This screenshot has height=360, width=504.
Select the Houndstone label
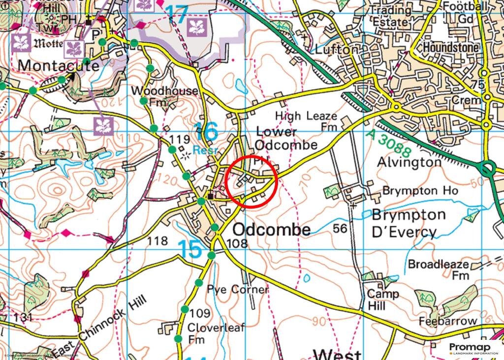click(x=451, y=48)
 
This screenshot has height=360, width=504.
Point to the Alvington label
click(x=409, y=162)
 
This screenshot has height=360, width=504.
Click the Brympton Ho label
click(x=420, y=190)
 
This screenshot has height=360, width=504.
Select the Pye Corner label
click(x=237, y=289)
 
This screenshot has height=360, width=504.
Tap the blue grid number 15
click(x=190, y=249)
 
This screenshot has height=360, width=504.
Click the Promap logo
click(x=470, y=348)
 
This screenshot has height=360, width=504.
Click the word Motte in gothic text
click(x=48, y=43)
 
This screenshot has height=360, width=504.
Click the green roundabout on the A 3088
click(x=487, y=170)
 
